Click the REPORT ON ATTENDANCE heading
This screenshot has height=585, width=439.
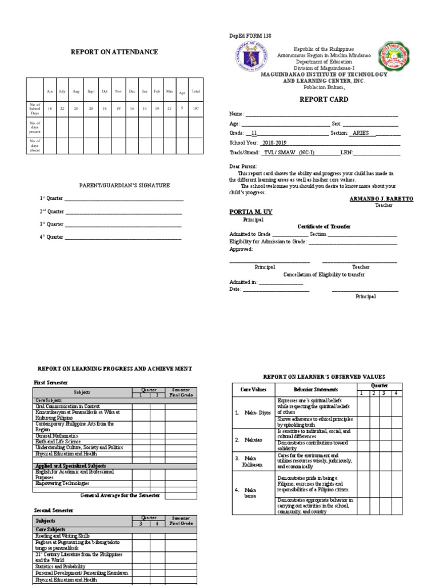pos(114,52)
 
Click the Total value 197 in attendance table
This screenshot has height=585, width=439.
pos(195,108)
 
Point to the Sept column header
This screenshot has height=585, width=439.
pos(91,91)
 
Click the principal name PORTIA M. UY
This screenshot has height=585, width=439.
pos(251,212)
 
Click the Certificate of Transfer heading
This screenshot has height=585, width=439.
pos(324,227)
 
